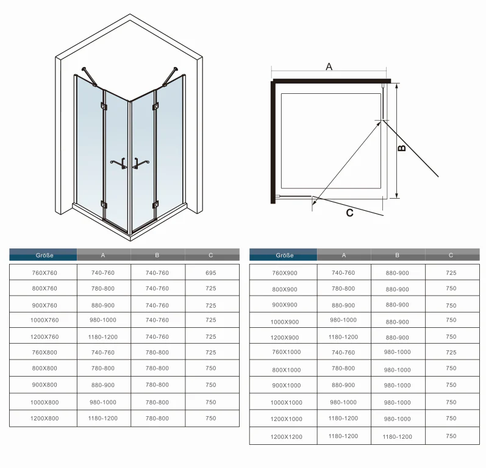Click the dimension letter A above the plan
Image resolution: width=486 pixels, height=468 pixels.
point(329,66)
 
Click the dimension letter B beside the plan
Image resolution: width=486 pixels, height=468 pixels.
point(401,148)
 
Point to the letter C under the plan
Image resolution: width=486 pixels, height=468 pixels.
point(349,213)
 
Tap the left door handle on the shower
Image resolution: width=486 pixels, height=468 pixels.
point(119,163)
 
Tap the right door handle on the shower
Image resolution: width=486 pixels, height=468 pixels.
point(140,163)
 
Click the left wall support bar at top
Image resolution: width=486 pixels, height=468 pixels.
point(89,77)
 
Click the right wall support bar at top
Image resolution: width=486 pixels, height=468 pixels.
point(170,76)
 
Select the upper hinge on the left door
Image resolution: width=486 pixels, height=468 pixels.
point(104,106)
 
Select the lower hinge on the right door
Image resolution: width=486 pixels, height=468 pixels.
point(155,205)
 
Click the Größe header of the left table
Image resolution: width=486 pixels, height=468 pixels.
point(45,255)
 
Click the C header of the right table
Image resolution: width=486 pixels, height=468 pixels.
point(451,255)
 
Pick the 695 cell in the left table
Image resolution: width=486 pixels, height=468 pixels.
point(211,273)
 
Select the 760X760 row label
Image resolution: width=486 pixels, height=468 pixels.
point(45,273)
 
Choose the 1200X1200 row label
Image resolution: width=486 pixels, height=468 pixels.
point(287,437)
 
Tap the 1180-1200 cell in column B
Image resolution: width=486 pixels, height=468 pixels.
point(398,437)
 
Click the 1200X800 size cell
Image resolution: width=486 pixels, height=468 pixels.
point(45,419)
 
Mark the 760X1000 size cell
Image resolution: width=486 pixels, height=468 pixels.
point(287,352)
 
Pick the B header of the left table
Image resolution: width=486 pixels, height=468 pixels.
point(157,255)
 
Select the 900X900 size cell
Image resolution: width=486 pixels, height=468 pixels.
point(285,305)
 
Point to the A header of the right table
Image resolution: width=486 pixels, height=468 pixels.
point(343,255)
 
